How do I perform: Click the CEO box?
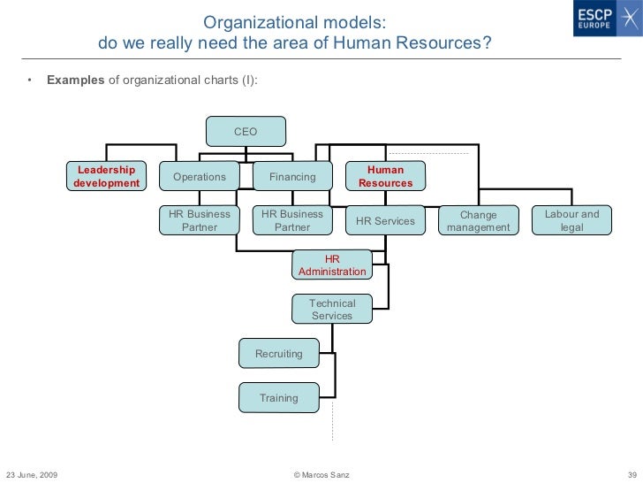click(x=246, y=131)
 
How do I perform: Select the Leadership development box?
click(x=106, y=176)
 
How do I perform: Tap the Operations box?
click(x=200, y=177)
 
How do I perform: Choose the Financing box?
click(x=292, y=177)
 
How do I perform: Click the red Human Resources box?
click(x=385, y=176)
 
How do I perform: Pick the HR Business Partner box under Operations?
click(x=200, y=220)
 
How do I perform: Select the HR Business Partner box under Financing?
click(x=292, y=220)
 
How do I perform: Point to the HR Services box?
click(x=385, y=220)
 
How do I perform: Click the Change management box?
click(x=479, y=220)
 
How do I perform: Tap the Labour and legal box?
click(x=571, y=220)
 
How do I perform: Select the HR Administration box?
click(x=332, y=264)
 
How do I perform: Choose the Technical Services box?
click(x=332, y=309)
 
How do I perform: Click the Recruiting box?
click(x=279, y=354)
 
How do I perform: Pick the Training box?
click(x=279, y=398)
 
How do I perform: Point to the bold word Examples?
click(x=75, y=80)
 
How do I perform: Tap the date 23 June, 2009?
click(x=32, y=475)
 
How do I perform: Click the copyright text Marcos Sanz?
click(x=321, y=475)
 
